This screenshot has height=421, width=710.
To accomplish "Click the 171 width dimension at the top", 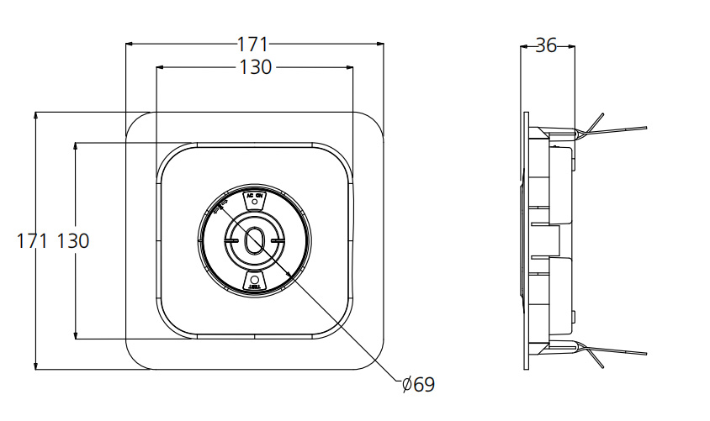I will pyautogui.click(x=253, y=44).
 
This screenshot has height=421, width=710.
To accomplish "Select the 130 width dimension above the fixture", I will pyautogui.click(x=255, y=68).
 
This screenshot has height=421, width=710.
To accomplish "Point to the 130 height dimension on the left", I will pyautogui.click(x=73, y=241).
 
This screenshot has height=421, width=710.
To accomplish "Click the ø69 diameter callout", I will pyautogui.click(x=418, y=386).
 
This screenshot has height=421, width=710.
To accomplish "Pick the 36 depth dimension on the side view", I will pyautogui.click(x=547, y=46).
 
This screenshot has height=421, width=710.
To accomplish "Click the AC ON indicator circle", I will pyautogui.click(x=254, y=203).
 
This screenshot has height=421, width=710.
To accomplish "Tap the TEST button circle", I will pyautogui.click(x=254, y=277).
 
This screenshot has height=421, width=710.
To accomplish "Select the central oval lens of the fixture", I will pyautogui.click(x=254, y=239).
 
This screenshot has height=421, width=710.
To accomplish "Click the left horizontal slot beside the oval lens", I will pyautogui.click(x=231, y=239).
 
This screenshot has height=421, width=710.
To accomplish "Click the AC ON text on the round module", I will pyautogui.click(x=254, y=195).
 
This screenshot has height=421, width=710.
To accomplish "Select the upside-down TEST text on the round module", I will pyautogui.click(x=254, y=287).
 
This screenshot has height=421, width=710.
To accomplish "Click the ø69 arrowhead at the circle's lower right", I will pyautogui.click(x=290, y=275).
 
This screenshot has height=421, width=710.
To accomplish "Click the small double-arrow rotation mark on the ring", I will pyautogui.click(x=221, y=205).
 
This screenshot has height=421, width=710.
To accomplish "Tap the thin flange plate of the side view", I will pyautogui.click(x=526, y=241).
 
